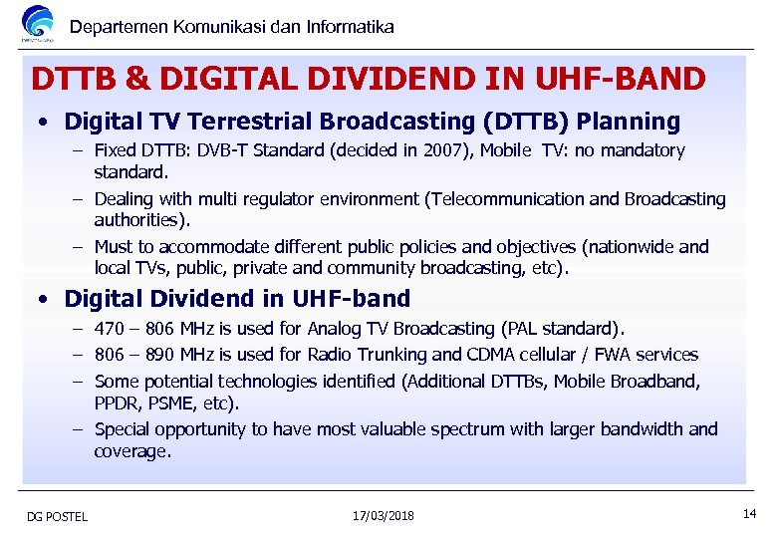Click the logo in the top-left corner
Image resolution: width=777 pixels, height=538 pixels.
38,23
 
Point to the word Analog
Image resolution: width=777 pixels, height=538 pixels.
336,329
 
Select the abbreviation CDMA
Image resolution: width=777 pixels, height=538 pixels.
512,355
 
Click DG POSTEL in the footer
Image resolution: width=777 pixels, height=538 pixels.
57,516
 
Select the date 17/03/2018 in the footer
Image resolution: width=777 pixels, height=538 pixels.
384,515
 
